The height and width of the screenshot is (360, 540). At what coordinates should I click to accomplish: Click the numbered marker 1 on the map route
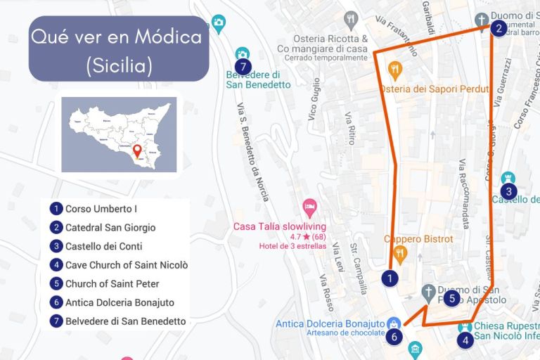point(390,278)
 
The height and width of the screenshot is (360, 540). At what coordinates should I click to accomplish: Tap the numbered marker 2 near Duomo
point(498,28)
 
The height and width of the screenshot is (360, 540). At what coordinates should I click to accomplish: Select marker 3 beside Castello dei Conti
point(508,191)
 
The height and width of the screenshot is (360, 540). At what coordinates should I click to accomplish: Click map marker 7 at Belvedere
point(243,67)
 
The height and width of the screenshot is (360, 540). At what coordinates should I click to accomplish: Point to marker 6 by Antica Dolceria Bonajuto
point(394,336)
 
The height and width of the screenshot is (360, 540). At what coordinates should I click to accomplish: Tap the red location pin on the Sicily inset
point(137,150)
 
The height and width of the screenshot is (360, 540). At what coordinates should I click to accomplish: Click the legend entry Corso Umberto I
point(101,209)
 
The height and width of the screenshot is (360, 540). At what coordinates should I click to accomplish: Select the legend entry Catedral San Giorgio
point(110,228)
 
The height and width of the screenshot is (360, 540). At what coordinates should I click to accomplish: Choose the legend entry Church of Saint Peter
point(112,284)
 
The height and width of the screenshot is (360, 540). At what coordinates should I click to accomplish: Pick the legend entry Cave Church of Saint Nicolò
point(126,265)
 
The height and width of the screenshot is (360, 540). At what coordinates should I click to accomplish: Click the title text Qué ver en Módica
point(117,37)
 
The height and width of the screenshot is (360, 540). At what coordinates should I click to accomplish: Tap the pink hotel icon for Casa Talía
point(309,208)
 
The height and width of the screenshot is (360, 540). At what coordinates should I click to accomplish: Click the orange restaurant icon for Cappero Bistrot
point(400,253)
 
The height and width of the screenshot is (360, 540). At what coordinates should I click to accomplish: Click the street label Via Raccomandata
point(463,195)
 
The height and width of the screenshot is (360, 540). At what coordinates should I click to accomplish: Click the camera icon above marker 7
point(243,54)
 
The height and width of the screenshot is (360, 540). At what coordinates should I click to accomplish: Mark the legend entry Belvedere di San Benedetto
point(125,321)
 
